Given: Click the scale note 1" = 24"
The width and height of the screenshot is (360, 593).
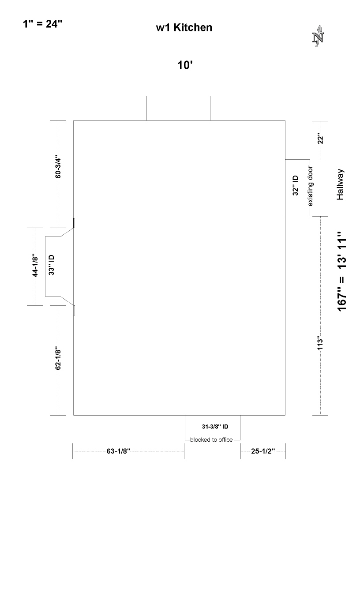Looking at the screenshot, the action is (43, 24).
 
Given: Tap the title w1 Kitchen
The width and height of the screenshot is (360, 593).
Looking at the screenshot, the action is (184, 27).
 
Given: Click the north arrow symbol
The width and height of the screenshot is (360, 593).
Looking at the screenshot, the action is (318, 36).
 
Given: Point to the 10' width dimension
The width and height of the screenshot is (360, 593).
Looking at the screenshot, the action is (185, 65).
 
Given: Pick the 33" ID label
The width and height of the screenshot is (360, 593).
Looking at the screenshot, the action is (51, 265).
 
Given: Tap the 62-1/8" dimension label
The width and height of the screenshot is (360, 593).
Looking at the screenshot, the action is (58, 358).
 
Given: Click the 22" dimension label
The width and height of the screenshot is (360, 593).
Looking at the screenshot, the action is (320, 139).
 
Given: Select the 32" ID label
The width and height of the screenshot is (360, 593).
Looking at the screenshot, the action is (296, 185).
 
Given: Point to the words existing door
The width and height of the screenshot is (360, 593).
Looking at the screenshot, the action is (310, 186).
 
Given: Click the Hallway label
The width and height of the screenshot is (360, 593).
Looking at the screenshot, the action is (340, 184).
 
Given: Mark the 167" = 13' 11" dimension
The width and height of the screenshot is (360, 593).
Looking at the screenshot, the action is (342, 272).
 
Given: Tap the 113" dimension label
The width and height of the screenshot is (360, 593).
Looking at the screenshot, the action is (320, 343).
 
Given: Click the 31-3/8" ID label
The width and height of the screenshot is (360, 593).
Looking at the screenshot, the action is (215, 427).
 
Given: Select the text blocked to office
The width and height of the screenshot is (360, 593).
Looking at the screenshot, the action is (211, 440).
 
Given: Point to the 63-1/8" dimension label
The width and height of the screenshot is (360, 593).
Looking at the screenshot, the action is (119, 451).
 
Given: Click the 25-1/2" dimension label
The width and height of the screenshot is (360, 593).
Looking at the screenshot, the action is (263, 451).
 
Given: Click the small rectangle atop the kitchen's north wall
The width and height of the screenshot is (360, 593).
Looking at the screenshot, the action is (178, 108).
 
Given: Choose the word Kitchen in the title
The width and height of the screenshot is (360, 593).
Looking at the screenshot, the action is (193, 27).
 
